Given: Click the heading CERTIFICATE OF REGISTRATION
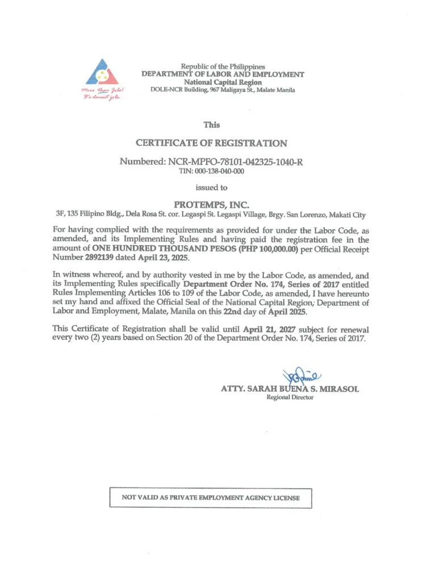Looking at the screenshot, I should [x=211, y=143].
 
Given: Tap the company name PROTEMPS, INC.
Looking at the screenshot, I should [x=211, y=204].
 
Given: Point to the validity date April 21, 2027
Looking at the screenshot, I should [x=275, y=329].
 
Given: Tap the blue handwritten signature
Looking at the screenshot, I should [x=299, y=375].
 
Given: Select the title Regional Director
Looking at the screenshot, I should [x=290, y=397].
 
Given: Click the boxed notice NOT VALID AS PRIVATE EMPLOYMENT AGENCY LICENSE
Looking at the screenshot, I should [x=211, y=498].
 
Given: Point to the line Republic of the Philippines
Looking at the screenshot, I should [x=223, y=67].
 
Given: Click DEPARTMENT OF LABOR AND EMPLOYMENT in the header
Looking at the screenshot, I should [x=223, y=74].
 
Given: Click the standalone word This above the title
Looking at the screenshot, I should [x=211, y=125].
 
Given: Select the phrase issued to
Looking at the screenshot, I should [x=211, y=187].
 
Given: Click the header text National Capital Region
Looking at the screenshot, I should [x=223, y=82].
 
